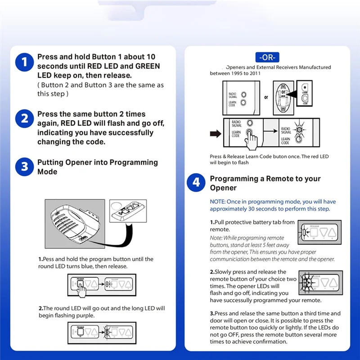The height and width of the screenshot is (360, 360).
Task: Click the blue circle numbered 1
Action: coord(24,62)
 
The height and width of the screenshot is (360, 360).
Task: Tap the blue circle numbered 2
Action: coord(24,119)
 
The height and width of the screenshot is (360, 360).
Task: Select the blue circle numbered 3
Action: coord(24,167)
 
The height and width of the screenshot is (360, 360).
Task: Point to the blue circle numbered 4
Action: coord(196,183)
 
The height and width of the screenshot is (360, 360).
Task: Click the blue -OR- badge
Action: coord(268,57)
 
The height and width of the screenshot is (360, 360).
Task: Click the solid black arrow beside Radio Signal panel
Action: coord(216,133)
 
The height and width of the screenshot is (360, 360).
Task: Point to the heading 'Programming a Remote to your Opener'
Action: coord(265,183)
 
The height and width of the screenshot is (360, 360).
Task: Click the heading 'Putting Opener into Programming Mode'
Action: coord(97,167)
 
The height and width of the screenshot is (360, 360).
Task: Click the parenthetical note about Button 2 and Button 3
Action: coord(100,89)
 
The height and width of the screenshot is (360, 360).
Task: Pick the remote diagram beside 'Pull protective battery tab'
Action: coord(319,232)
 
